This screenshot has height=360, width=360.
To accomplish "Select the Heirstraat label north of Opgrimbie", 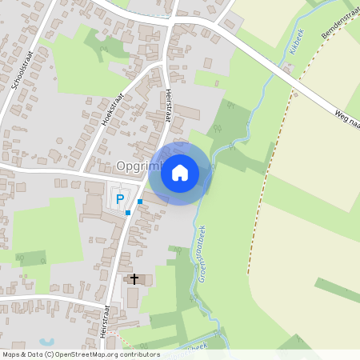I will click(x=170, y=104).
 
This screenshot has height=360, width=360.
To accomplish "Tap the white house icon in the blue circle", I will click(x=180, y=172).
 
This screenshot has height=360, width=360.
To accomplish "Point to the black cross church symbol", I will click(x=134, y=279).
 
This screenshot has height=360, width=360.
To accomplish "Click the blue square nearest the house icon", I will click(x=140, y=202).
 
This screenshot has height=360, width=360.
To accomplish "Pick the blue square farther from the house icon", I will click(x=128, y=213).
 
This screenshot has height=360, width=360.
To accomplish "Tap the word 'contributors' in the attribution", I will click(x=138, y=354).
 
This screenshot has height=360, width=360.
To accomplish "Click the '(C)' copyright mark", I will click(x=50, y=354).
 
